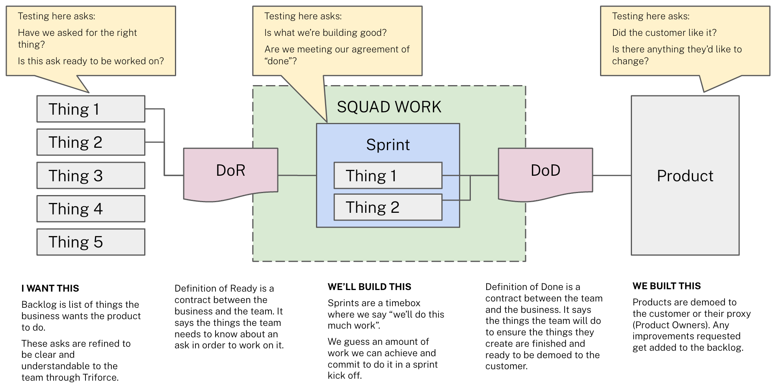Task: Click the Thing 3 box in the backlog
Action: click(x=91, y=175)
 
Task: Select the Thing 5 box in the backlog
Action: click(x=91, y=242)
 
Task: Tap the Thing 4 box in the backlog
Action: click(x=91, y=208)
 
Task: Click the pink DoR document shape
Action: click(x=230, y=171)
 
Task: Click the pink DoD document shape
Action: click(x=545, y=171)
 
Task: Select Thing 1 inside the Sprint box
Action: click(x=388, y=175)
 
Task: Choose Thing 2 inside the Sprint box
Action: click(x=388, y=207)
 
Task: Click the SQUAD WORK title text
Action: click(x=389, y=107)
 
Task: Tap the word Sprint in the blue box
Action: click(x=388, y=145)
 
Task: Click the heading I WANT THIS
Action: click(x=50, y=288)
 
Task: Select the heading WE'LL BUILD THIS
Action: click(x=369, y=287)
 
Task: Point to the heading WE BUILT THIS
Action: click(x=667, y=286)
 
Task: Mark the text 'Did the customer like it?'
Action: click(x=664, y=33)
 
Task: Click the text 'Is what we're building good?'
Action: click(x=325, y=33)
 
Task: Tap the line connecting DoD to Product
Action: click(x=612, y=175)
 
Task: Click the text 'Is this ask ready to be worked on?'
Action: click(x=91, y=61)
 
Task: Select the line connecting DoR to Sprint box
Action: click(x=297, y=175)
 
